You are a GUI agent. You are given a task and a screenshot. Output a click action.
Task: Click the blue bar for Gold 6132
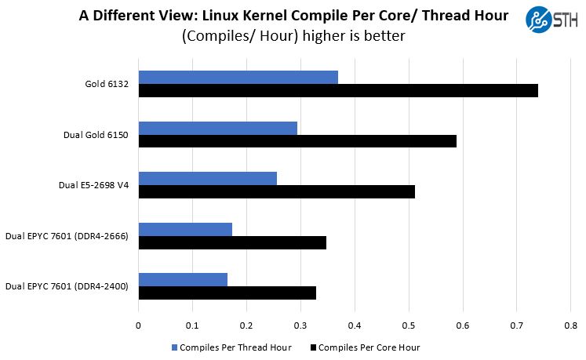[238, 77]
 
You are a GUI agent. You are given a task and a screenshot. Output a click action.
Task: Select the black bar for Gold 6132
[338, 91]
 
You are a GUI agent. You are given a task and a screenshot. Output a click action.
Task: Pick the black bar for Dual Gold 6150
[297, 141]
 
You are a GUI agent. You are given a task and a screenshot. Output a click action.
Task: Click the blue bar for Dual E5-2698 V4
[207, 178]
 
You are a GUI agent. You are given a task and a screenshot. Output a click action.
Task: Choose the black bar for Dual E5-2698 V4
[276, 191]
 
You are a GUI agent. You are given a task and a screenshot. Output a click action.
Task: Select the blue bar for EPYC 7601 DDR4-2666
[185, 229]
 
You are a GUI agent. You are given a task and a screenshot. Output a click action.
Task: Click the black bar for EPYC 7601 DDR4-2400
[227, 293]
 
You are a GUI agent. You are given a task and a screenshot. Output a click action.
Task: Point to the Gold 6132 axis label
[107, 84]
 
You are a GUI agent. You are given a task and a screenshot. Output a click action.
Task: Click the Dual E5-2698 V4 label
[93, 185]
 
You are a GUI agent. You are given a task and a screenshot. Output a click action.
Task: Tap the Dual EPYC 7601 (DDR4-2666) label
[67, 235]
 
